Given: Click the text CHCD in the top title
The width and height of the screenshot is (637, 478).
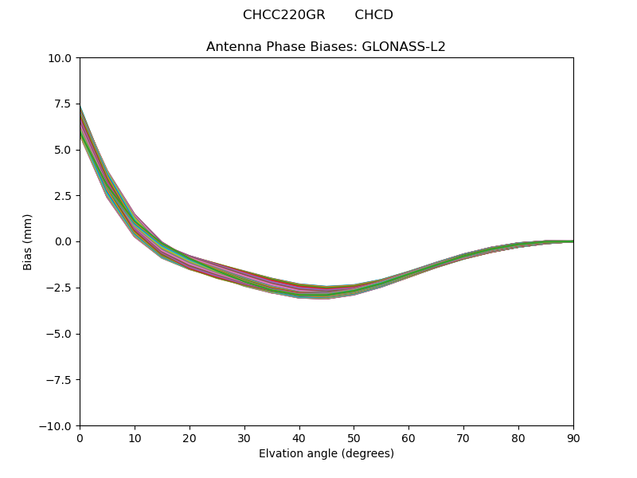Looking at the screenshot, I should point(373,15).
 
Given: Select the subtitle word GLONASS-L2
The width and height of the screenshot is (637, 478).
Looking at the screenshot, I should point(404,46).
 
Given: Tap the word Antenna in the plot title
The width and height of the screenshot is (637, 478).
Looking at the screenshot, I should point(233,46).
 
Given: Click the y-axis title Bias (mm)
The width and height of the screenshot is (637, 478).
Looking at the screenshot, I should point(28,241).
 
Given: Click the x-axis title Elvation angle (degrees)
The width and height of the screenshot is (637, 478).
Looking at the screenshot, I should point(326,453).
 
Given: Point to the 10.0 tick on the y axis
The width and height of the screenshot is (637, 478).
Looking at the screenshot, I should point(61,58).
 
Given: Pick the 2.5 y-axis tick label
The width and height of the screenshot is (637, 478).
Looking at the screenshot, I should point(64,196).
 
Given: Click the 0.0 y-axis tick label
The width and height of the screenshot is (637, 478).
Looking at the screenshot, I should point(64,241).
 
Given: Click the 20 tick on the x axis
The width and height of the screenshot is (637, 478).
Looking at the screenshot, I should point(190,437).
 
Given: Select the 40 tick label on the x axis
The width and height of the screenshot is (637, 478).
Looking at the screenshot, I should point(299,437).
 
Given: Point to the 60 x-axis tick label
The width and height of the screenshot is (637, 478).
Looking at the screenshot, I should point(408,437).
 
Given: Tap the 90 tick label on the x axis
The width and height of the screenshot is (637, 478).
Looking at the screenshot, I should point(573,437).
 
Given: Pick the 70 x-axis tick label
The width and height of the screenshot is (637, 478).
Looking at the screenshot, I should point(463,437).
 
